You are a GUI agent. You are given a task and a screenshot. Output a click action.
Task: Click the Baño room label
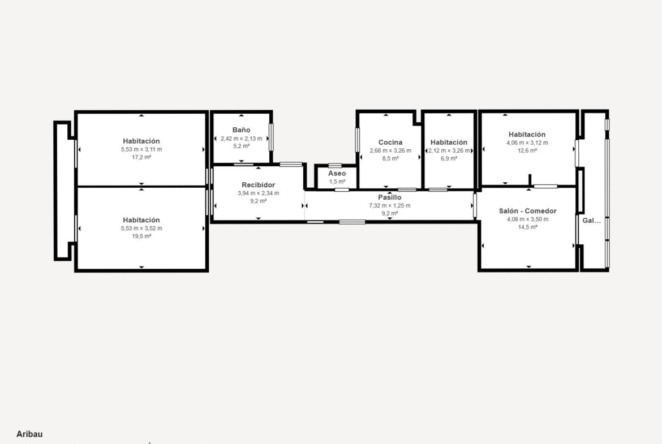point(241,130)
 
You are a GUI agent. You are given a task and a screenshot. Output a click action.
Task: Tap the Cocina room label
point(390,142)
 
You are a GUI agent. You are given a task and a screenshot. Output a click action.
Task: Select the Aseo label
point(337,174)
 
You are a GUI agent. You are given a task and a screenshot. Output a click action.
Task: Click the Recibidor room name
point(259,185)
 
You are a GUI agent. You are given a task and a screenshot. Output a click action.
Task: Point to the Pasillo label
point(390,197)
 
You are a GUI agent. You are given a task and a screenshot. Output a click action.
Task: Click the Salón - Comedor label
point(528,211)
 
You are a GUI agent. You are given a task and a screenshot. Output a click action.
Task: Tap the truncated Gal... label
point(591,221)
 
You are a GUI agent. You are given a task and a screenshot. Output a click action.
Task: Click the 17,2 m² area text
point(141,157)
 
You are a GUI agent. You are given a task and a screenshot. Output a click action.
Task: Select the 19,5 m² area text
point(141,236)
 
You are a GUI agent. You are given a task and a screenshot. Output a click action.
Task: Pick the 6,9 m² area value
point(449,158)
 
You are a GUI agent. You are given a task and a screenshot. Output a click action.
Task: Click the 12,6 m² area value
point(527,150)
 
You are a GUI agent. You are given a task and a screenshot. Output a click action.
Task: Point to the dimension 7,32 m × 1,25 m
point(390,205)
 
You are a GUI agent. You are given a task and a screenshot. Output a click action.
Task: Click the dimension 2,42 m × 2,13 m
point(241,139)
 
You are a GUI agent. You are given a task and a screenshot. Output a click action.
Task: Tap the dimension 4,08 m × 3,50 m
point(528,219)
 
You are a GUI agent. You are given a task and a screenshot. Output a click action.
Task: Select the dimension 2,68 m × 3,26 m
point(390,150)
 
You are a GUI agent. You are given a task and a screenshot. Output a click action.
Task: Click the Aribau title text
point(29,434)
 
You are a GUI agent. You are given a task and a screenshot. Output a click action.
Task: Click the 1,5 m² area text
point(337,182)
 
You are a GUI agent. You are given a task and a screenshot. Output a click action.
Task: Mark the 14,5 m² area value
point(528,227)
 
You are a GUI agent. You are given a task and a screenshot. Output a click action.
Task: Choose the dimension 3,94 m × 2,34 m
point(259,193)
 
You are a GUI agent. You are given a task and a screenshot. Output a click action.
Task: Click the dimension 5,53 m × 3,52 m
point(141,229)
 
